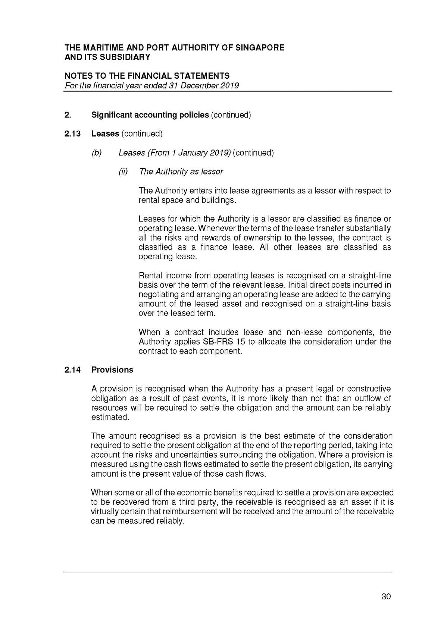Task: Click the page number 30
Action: pyautogui.click(x=386, y=596)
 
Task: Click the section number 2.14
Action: pyautogui.click(x=72, y=370)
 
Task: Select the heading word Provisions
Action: pyautogui.click(x=112, y=370)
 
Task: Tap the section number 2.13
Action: pyautogui.click(x=72, y=134)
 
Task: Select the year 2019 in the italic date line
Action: pyautogui.click(x=229, y=85)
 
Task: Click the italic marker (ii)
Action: pyautogui.click(x=123, y=172)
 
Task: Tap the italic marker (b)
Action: pyautogui.click(x=97, y=153)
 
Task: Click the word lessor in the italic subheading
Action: pyautogui.click(x=212, y=172)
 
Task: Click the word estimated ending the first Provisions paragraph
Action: pyautogui.click(x=110, y=417)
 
